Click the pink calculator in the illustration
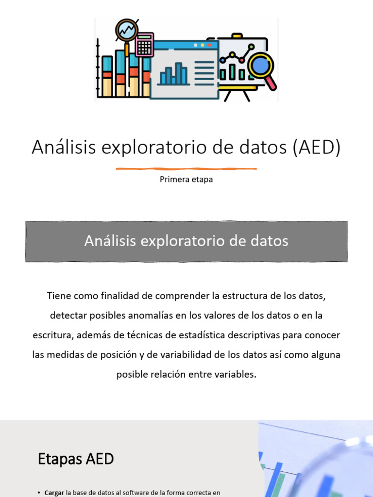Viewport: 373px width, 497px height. tap(144, 45)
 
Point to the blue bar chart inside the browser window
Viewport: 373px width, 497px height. tap(173, 74)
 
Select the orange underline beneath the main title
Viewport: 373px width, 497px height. tap(186, 169)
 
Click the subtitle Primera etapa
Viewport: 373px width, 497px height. tap(186, 180)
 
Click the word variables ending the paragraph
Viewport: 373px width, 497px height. tap(237, 375)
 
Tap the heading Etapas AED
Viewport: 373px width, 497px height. tap(76, 459)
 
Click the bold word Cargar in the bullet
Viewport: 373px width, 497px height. tap(54, 493)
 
